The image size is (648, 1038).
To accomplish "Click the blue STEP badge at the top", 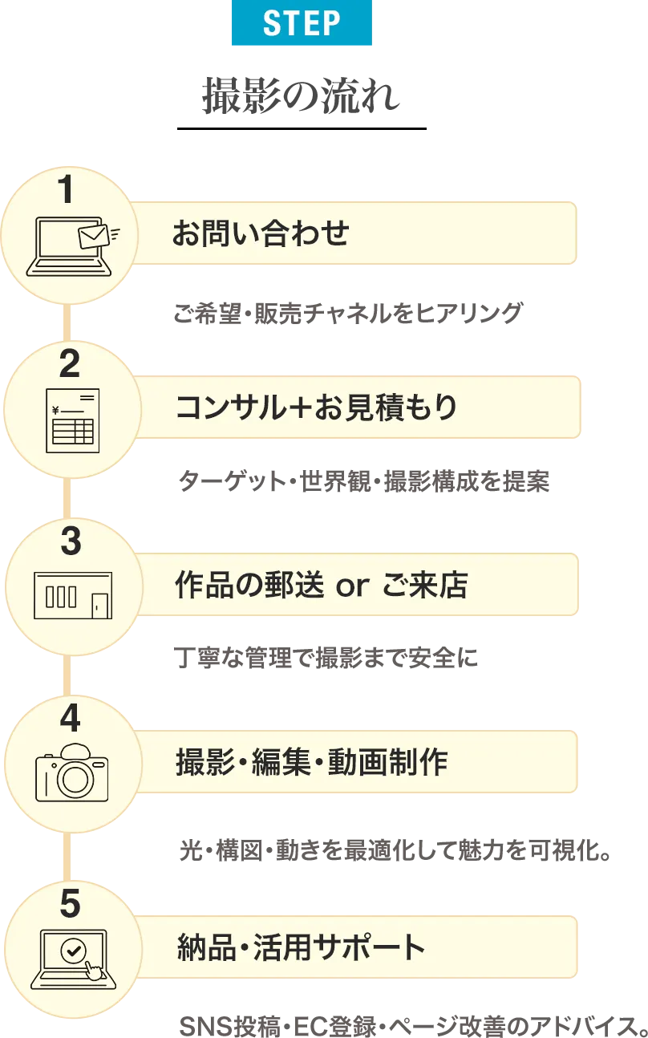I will point(302,25).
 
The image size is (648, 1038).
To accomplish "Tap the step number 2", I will point(70,365).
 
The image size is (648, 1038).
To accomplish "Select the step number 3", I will point(71,542).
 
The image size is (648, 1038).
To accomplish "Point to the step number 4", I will point(71,718).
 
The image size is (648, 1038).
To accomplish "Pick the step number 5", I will point(71,904).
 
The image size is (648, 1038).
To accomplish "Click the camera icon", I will point(71,771).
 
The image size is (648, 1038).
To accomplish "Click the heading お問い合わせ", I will point(261,233).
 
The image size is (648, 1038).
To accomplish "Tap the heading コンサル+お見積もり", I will point(316,407).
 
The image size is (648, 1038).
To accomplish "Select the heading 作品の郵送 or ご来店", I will point(321,586).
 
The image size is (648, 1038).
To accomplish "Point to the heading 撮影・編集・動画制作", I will point(312,761).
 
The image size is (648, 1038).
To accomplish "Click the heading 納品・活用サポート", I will point(301,947).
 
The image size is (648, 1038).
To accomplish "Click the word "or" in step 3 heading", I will point(352,587).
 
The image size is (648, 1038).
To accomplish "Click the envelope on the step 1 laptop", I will point(93,236).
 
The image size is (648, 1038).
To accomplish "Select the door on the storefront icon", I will point(99,604).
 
